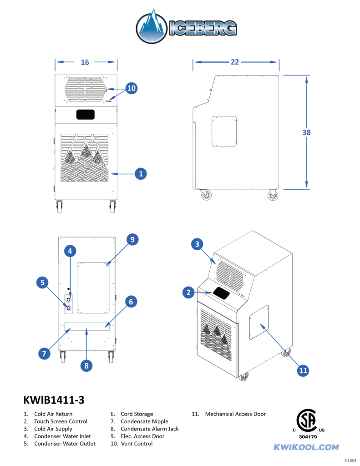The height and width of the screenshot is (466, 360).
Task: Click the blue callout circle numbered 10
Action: pos(131,88)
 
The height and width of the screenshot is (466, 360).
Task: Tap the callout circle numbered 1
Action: pos(141,173)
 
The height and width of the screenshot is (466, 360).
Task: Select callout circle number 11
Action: pos(304,370)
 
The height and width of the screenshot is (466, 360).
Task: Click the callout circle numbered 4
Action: pos(70,251)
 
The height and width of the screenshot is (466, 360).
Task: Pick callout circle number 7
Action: pos(44,353)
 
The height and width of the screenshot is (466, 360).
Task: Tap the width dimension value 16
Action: pos(85,62)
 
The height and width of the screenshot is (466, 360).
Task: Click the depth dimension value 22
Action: pos(235,62)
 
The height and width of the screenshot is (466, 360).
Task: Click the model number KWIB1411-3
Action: pos(54,400)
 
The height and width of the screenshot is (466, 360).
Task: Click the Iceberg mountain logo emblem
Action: pos(152,27)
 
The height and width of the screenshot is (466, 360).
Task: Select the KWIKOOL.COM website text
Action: pos(306,447)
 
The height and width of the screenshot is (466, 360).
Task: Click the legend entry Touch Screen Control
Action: pos(61,421)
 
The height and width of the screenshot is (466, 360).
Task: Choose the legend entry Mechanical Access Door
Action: pos(235,414)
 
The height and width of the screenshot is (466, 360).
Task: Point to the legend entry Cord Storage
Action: pos(137,414)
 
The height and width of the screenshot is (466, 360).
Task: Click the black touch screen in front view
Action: pos(85,114)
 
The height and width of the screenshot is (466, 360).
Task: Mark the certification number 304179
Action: pos(308,437)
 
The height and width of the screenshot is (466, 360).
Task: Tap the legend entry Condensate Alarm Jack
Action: pos(149,429)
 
